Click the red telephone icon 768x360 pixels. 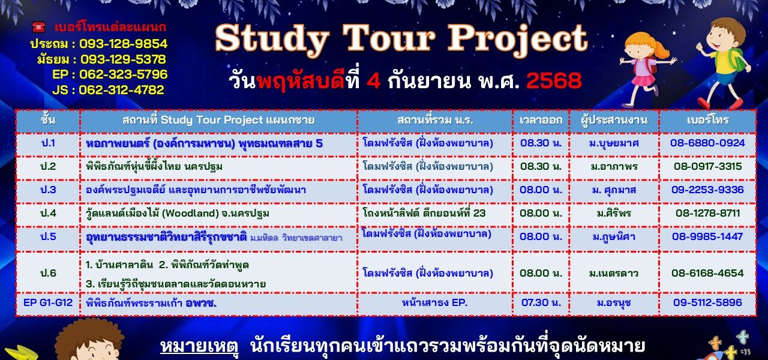point(38,27)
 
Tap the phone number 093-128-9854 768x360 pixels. point(124,44)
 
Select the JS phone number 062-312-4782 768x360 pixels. point(122,90)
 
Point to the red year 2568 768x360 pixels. point(554,81)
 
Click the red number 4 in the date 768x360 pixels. point(373,81)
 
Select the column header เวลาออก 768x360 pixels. point(541,120)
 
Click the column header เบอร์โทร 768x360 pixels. point(707,120)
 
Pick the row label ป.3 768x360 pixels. point(48,190)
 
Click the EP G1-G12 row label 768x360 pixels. point(48,303)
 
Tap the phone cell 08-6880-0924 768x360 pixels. point(707,143)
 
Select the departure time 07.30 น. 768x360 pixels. point(541,303)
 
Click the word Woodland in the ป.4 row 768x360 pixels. point(190,213)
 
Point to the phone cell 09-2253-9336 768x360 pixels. point(707,190)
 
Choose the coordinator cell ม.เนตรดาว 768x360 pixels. point(614,273)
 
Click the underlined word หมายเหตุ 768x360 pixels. point(199,346)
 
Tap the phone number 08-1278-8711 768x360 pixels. point(707,213)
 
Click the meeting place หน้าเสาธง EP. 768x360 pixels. point(435,303)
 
